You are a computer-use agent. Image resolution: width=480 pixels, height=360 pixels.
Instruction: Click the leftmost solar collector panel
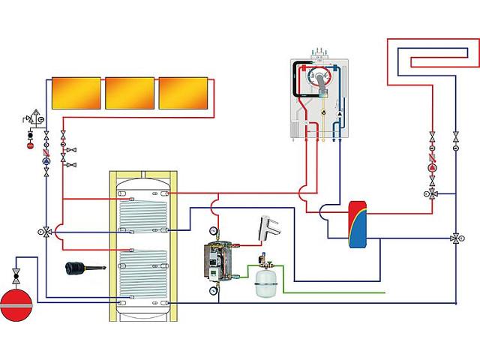click(x=75, y=93)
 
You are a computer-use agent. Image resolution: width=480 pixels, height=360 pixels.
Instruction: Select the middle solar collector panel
click(x=129, y=93)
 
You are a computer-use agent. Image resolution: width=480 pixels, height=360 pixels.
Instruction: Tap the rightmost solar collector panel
click(x=182, y=93)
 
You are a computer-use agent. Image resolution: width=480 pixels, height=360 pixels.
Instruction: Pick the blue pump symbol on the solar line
click(x=46, y=160)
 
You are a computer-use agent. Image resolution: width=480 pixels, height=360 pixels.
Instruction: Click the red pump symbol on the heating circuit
click(x=433, y=168)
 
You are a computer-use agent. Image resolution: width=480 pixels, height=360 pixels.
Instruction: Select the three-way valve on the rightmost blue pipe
click(x=455, y=239)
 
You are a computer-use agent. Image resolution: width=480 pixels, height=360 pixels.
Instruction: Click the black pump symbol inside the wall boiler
click(x=339, y=113)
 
